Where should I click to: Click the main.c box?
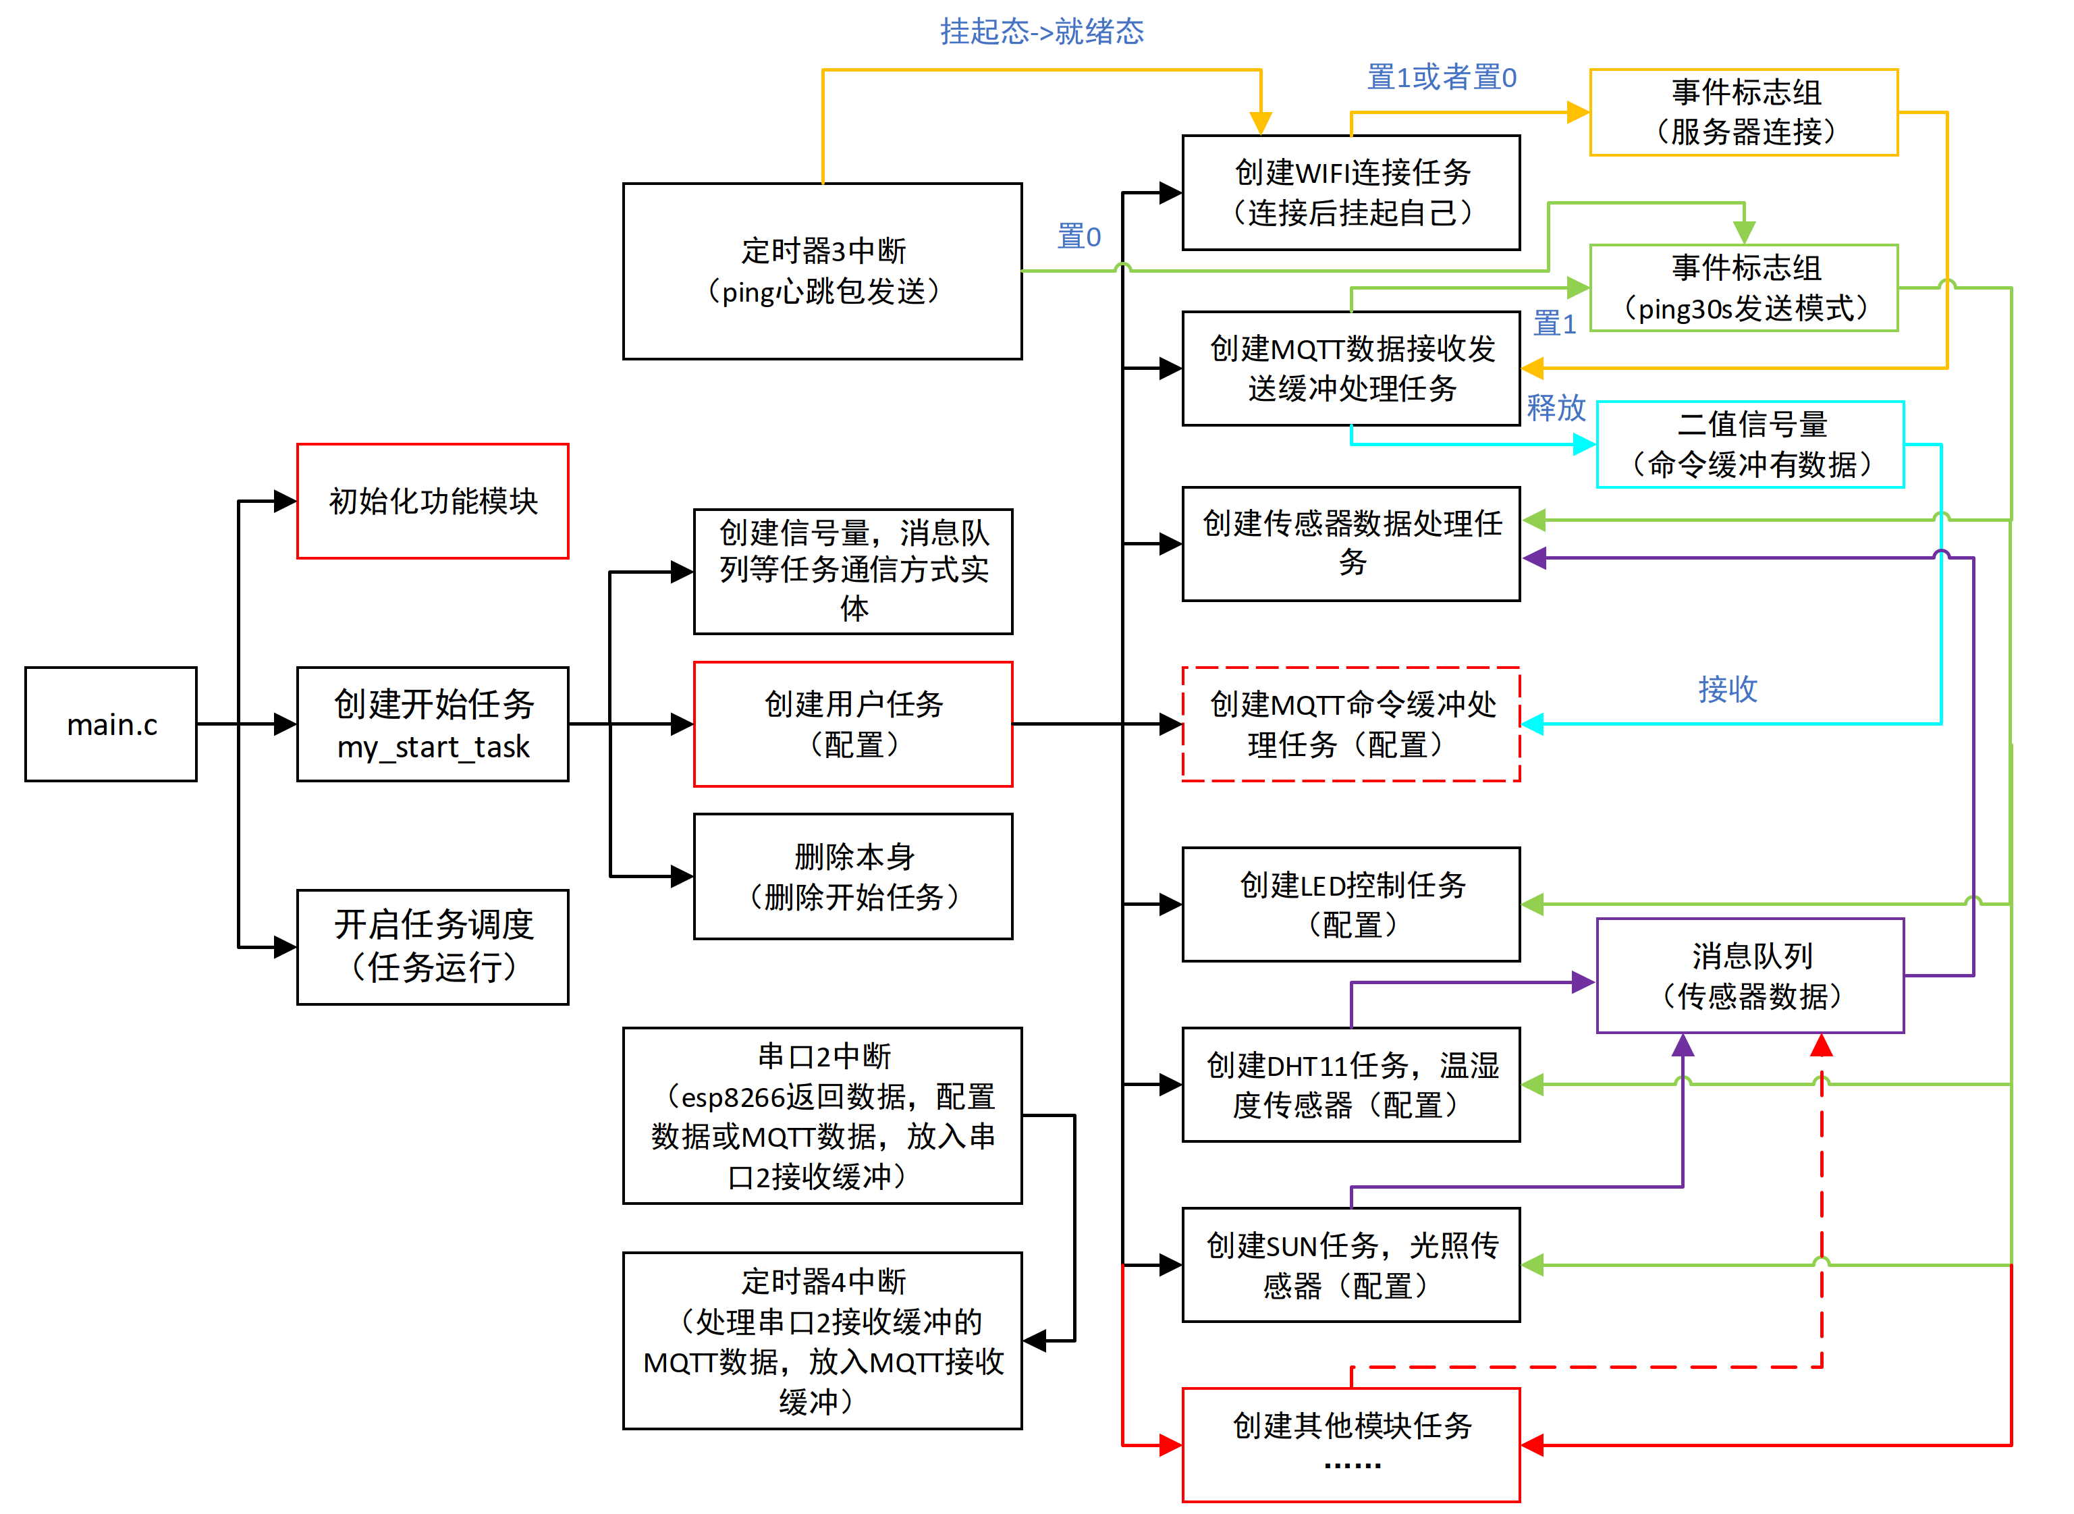pyautogui.click(x=111, y=724)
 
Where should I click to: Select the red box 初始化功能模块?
pyautogui.click(x=433, y=502)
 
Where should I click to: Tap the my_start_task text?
pyautogui.click(x=433, y=747)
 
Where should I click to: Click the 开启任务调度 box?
pyautogui.click(x=433, y=947)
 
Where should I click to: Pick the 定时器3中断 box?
pyautogui.click(x=822, y=271)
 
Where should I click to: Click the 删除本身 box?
pyautogui.click(x=852, y=876)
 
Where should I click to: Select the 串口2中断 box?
pyautogui.click(x=822, y=1115)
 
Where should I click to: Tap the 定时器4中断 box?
pyautogui.click(x=822, y=1341)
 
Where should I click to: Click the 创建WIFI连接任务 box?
pyautogui.click(x=1351, y=192)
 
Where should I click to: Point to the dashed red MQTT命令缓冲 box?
pyautogui.click(x=1351, y=724)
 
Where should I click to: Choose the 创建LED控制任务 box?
pyautogui.click(x=1351, y=904)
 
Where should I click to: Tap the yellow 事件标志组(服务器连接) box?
pyautogui.click(x=1743, y=112)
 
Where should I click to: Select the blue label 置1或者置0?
pyautogui.click(x=1441, y=78)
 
